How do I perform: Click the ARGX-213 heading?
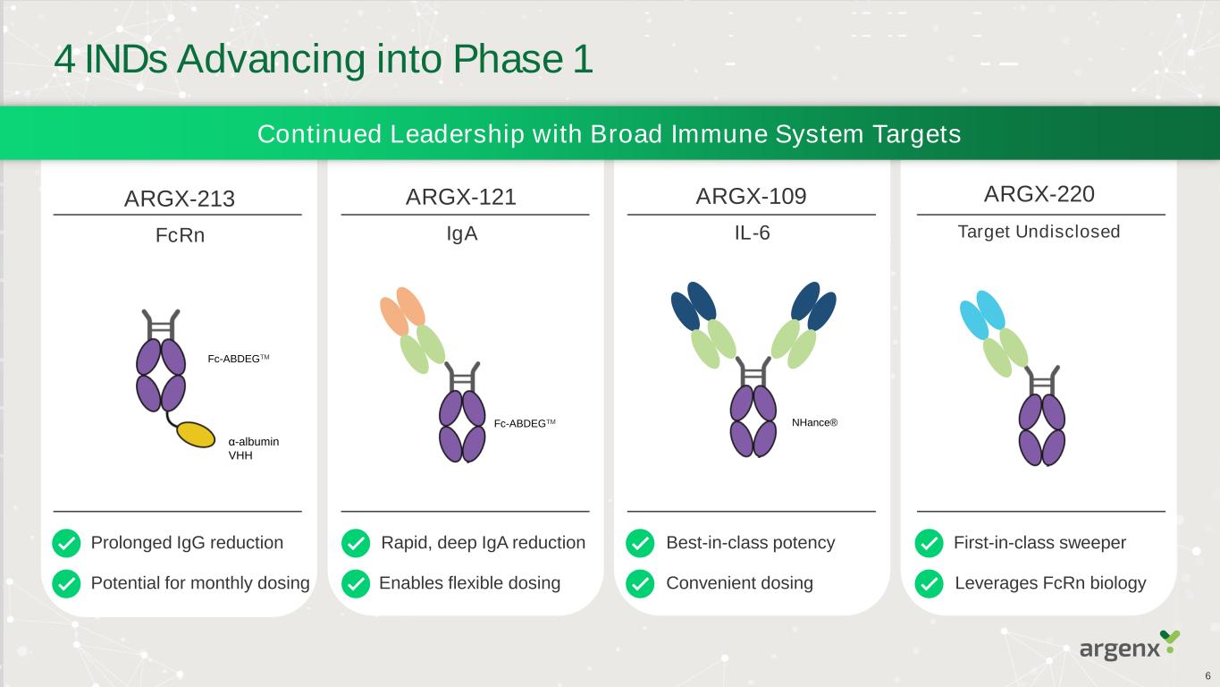pyautogui.click(x=179, y=199)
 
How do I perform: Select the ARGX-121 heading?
pyautogui.click(x=461, y=197)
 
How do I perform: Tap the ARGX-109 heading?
pyautogui.click(x=751, y=197)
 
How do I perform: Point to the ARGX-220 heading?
pyautogui.click(x=1039, y=194)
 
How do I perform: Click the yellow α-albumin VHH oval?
pyautogui.click(x=196, y=434)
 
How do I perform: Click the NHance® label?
pyautogui.click(x=814, y=421)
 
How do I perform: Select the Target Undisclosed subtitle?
pyautogui.click(x=1039, y=233)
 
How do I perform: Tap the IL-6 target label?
pyautogui.click(x=752, y=233)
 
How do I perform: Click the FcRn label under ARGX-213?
pyautogui.click(x=180, y=236)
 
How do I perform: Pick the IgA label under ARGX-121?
pyautogui.click(x=462, y=233)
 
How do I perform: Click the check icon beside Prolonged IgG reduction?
pyautogui.click(x=65, y=543)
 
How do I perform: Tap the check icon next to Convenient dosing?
pyautogui.click(x=640, y=584)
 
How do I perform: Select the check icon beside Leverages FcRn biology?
pyautogui.click(x=930, y=584)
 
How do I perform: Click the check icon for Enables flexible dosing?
pyautogui.click(x=355, y=584)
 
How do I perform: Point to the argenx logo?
pyautogui.click(x=1129, y=646)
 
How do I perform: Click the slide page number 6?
pyautogui.click(x=1207, y=675)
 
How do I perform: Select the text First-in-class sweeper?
pyautogui.click(x=1039, y=543)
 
